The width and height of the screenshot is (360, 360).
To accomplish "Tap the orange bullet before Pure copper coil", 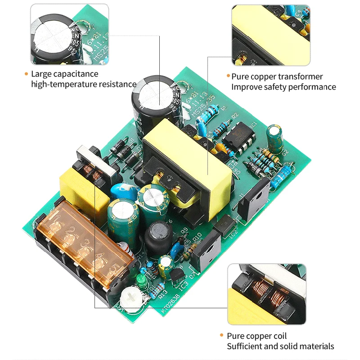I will coord(221,336).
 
